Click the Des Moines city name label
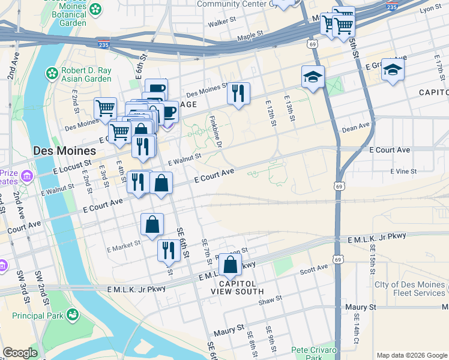(65, 151)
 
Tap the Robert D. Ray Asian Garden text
(86, 74)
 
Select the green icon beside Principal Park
(73, 314)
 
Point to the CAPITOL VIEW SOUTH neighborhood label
(237, 287)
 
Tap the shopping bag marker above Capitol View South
(231, 264)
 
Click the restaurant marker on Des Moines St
(238, 94)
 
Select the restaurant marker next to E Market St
(168, 250)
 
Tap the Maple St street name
(250, 37)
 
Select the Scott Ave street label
(314, 271)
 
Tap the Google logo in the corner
(20, 353)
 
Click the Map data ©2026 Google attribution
(411, 355)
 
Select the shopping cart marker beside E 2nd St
(105, 109)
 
